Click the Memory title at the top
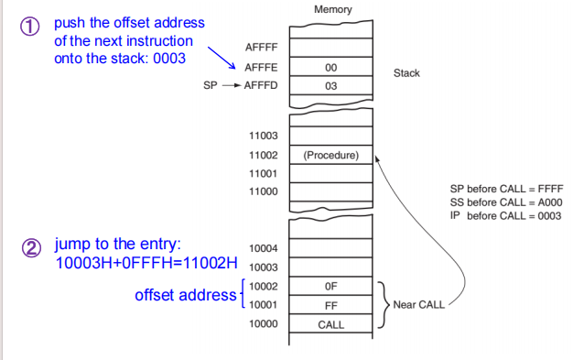[x=331, y=9]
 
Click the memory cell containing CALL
[x=331, y=324]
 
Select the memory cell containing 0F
[x=331, y=286]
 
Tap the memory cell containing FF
[x=331, y=305]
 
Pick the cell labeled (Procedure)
[x=331, y=155]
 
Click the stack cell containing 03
[x=331, y=86]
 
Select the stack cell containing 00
[x=331, y=67]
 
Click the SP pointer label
[x=210, y=86]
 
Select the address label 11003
[x=263, y=136]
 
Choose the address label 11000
[x=263, y=191]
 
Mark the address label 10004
[x=263, y=248]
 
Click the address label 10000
[x=263, y=324]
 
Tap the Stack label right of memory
[x=406, y=72]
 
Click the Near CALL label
[x=418, y=304]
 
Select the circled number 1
[x=30, y=27]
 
